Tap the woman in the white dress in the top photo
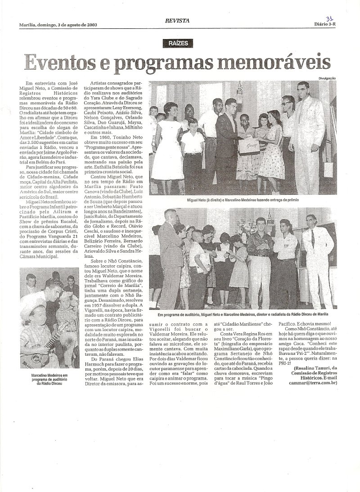[x=168, y=135]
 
